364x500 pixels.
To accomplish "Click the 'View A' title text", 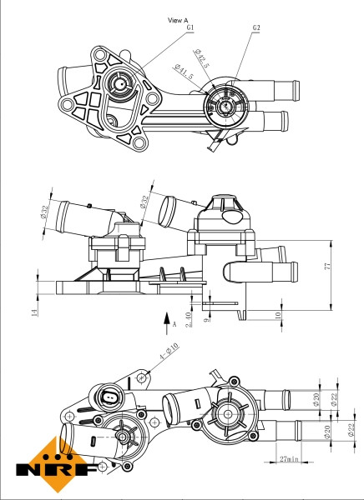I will [x=179, y=18].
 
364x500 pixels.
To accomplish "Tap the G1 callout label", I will [x=190, y=27].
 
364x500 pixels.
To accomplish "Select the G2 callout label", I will [x=255, y=27].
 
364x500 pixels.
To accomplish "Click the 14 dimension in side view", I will [x=34, y=312].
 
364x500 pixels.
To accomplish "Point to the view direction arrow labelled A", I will [x=167, y=317].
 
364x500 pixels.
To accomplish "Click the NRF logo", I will [x=54, y=462].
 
